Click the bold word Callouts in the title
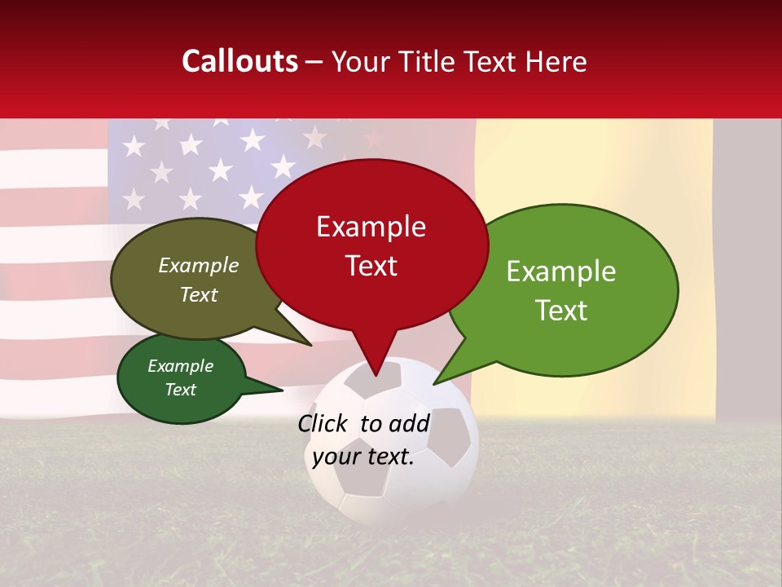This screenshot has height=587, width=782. pos(239,61)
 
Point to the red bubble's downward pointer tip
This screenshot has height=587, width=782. pos(376,375)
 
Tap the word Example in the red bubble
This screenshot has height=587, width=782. pos(371,227)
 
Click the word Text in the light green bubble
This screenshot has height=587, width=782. pos(562,311)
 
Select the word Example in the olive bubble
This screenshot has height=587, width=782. pos(198,266)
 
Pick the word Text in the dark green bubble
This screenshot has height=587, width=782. pos(181,390)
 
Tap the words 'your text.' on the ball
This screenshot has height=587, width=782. pos(363,457)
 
